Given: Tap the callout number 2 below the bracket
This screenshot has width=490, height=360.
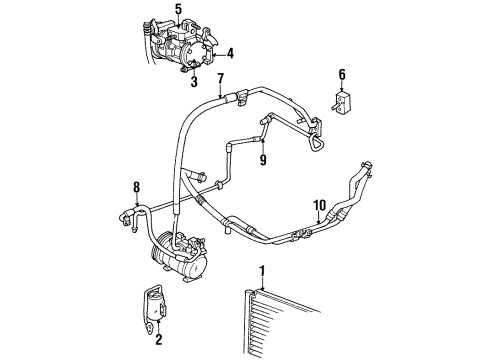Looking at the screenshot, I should [157, 340].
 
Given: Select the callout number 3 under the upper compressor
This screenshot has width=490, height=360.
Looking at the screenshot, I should [195, 82].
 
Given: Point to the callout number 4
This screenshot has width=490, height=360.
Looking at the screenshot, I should [230, 53].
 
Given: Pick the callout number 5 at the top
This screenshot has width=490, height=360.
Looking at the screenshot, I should [178, 10].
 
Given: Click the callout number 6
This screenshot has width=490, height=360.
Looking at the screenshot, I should [342, 74].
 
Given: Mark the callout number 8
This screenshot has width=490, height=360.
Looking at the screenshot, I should [136, 186].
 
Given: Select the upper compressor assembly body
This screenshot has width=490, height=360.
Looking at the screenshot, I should [183, 45].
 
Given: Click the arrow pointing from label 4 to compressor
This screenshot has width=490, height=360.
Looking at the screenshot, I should [218, 53].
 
